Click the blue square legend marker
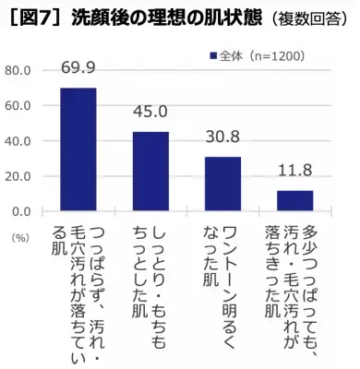(x=212, y=55)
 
